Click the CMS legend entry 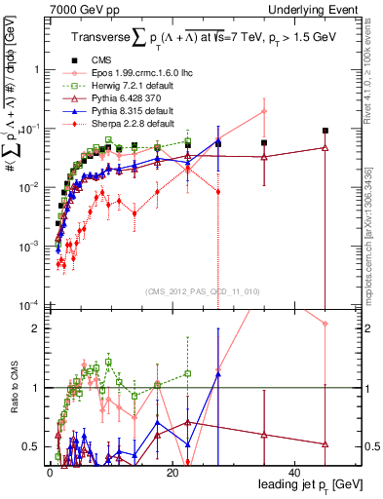tap(96, 60)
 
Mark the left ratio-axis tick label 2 tap(38, 328)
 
